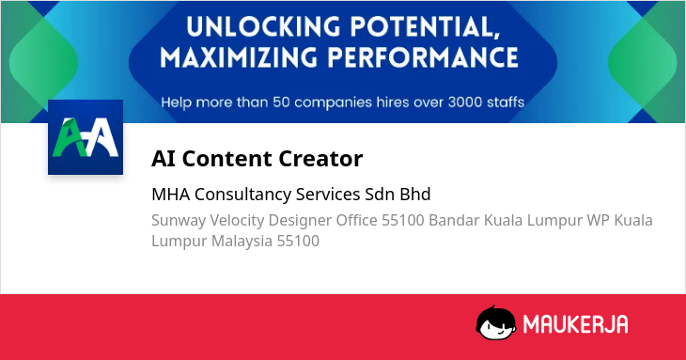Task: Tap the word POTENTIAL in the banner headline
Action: click(425, 27)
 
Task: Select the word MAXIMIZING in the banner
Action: click(238, 57)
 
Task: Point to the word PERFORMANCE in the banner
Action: click(423, 57)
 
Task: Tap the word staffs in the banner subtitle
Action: click(507, 102)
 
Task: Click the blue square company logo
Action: click(86, 137)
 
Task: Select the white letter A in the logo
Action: click(102, 137)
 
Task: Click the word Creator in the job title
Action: click(320, 158)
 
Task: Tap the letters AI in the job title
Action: click(164, 158)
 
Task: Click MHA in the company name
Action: click(171, 195)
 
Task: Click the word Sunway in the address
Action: click(179, 221)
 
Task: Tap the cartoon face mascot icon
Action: click(495, 323)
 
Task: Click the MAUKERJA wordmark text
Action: click(575, 324)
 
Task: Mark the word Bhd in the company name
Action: click(415, 195)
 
